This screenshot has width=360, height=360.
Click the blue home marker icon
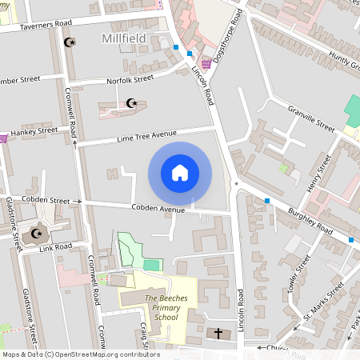(180, 173)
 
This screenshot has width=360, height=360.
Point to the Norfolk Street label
(130, 80)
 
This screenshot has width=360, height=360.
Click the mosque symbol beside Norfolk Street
(131, 102)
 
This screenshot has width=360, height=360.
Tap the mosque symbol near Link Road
(36, 234)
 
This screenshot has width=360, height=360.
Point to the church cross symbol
(218, 333)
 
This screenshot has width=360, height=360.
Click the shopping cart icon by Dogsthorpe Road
(206, 64)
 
